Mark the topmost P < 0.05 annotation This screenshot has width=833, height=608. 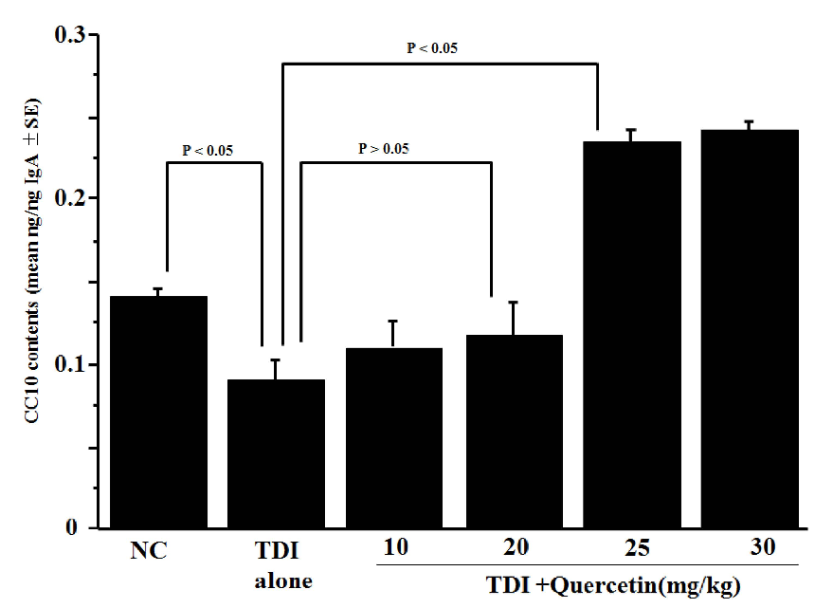tap(432, 46)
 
